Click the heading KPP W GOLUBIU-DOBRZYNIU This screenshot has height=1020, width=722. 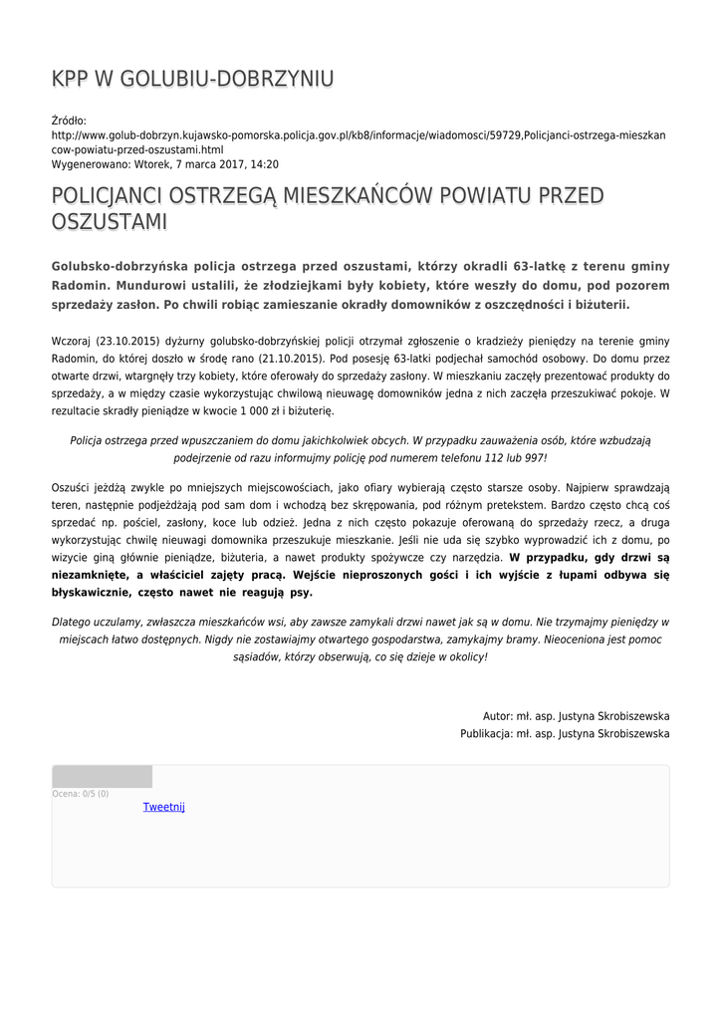192,80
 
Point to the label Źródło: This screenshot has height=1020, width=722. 69,121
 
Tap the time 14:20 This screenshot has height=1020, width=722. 264,164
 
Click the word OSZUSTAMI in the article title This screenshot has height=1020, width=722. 109,222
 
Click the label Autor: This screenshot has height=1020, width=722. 497,716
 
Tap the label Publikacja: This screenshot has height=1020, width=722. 486,733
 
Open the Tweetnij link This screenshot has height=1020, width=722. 164,807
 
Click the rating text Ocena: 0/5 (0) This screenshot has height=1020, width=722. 81,794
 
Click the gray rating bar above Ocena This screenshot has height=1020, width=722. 103,777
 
